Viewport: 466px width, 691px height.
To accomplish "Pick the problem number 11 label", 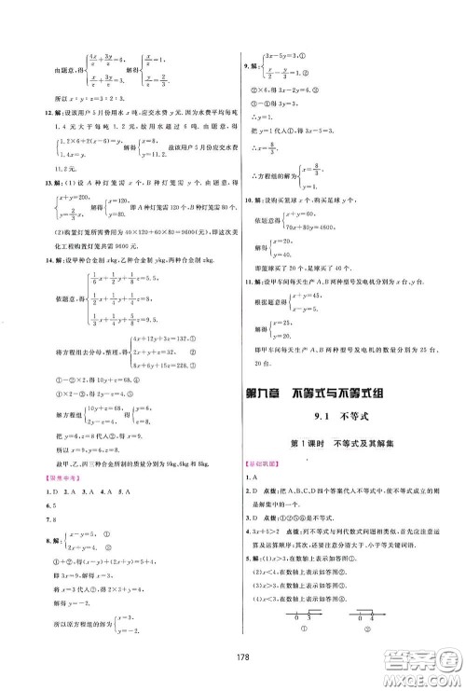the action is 246,281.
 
